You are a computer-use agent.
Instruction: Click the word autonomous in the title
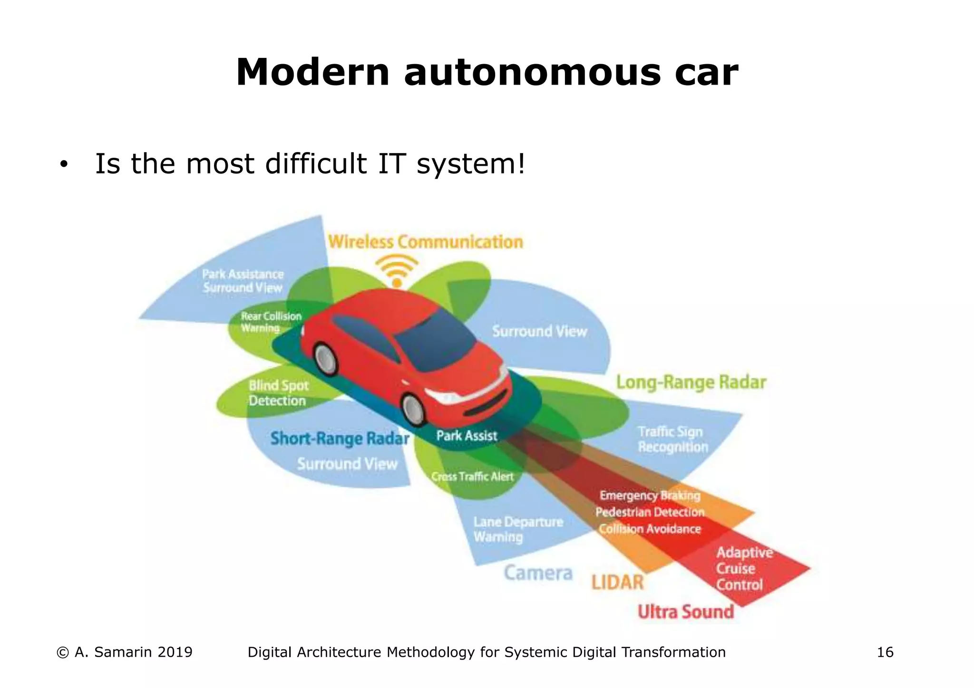[532, 73]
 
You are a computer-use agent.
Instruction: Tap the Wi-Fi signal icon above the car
[397, 271]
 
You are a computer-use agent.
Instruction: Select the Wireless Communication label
[425, 242]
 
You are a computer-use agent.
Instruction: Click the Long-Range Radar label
[691, 382]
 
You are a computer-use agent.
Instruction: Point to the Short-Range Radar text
[340, 439]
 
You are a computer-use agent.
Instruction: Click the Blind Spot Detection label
[278, 393]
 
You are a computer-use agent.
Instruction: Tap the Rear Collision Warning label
[270, 322]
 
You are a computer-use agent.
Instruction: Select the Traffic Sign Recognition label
[672, 440]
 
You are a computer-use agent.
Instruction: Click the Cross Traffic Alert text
[472, 477]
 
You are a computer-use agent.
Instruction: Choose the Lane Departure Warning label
[517, 529]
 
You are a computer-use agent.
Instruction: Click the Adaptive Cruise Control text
[744, 568]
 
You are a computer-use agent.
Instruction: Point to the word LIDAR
[617, 582]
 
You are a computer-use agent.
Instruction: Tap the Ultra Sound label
[685, 612]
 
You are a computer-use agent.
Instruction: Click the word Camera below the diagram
[538, 573]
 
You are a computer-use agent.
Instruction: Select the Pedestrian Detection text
[650, 512]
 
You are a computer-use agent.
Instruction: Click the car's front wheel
[413, 409]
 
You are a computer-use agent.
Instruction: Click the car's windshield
[434, 342]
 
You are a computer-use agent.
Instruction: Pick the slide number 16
[885, 652]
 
